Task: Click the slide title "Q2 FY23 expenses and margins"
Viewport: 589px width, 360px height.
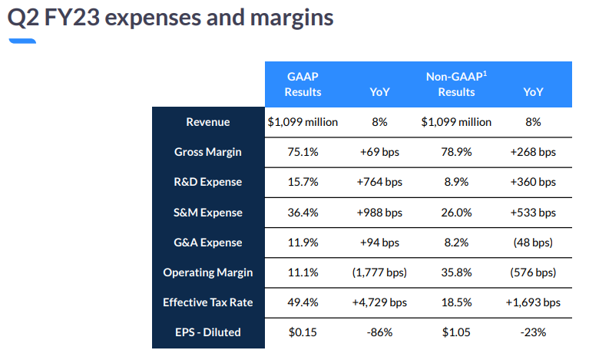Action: click(170, 18)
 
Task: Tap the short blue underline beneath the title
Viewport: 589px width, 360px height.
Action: click(22, 40)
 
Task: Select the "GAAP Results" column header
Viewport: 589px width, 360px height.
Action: click(303, 84)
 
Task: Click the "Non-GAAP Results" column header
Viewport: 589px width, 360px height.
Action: click(456, 84)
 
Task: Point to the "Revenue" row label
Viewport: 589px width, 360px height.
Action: click(207, 122)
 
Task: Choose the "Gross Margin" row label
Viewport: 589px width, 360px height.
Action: click(207, 152)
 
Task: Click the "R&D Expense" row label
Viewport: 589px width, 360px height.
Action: click(207, 182)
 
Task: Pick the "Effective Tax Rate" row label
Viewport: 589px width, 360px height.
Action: click(207, 302)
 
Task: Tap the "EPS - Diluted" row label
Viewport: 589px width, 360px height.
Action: click(207, 332)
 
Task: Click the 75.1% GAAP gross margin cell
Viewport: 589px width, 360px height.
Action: click(303, 152)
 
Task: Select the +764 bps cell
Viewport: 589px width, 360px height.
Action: click(379, 182)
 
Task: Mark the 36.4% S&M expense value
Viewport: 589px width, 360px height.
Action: click(303, 213)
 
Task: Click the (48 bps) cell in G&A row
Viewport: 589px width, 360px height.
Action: click(533, 243)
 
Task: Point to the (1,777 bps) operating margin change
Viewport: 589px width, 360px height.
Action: click(379, 272)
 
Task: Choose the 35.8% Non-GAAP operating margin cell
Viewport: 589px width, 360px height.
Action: click(456, 272)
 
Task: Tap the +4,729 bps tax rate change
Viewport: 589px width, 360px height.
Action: click(379, 302)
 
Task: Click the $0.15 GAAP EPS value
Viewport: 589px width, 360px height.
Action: click(303, 332)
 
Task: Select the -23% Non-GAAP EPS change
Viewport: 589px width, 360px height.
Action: click(533, 332)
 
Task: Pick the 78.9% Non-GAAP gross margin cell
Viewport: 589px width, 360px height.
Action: click(456, 152)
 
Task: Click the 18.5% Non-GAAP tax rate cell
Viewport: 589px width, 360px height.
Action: click(456, 302)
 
